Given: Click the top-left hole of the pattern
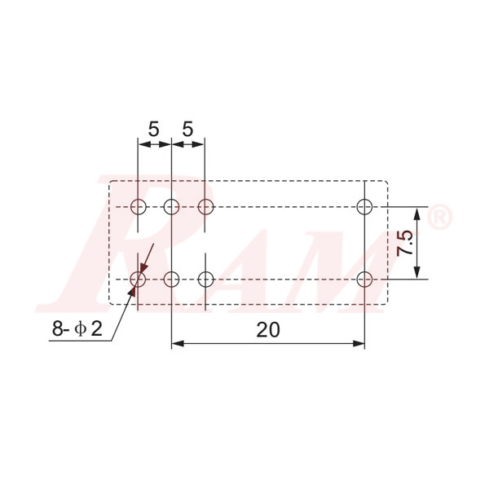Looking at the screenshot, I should [138, 205].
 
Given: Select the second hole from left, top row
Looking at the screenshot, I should [171, 205].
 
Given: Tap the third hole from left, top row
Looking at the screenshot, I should [205, 205].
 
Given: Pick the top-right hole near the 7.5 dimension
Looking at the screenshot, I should [364, 205].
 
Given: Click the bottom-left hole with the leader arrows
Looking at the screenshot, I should [138, 280].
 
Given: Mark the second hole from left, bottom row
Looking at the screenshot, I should [171, 280].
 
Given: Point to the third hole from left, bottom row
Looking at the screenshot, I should [205, 280].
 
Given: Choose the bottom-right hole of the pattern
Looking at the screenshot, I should [364, 280].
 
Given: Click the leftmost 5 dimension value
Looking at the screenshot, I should [154, 129].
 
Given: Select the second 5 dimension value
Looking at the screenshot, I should [188, 129].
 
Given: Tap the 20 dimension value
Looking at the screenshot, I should [268, 329].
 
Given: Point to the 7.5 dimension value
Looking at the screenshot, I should [405, 243].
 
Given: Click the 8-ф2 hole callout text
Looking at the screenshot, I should [77, 328].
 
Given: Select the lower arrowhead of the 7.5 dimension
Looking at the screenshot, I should [418, 273].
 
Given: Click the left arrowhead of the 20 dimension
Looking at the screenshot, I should [177, 344].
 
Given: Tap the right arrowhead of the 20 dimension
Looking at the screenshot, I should [359, 344].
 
